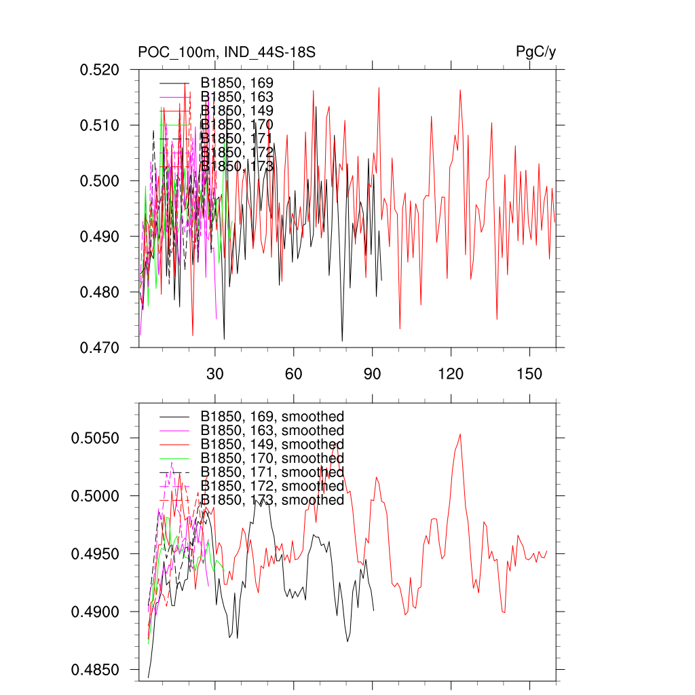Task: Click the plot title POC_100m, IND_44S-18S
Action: pyautogui.click(x=226, y=52)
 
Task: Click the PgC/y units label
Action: pyautogui.click(x=536, y=52)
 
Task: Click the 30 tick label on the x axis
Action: pyautogui.click(x=215, y=375)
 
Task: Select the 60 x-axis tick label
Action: pyautogui.click(x=294, y=375)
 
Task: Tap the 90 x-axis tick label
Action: pyautogui.click(x=373, y=375)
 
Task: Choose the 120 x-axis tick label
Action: pyautogui.click(x=451, y=375)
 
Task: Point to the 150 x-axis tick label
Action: pyautogui.click(x=529, y=375)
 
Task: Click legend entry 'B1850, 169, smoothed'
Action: pyautogui.click(x=272, y=416)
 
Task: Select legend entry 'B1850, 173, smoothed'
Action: pyautogui.click(x=272, y=500)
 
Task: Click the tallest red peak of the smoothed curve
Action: pyautogui.click(x=460, y=434)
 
